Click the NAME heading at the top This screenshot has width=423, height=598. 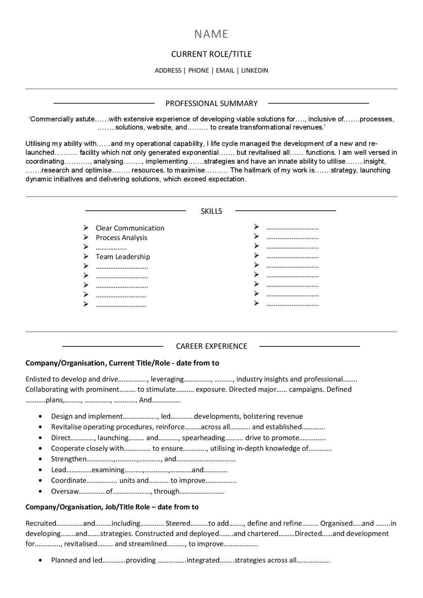[x=211, y=34]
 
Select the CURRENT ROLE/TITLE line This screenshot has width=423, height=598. [x=211, y=54]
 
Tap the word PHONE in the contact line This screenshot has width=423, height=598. [x=199, y=71]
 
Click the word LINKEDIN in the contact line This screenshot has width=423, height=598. [x=254, y=71]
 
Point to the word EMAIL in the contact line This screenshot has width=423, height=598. [x=225, y=71]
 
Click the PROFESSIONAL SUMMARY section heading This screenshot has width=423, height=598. [x=211, y=103]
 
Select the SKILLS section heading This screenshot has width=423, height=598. [x=211, y=211]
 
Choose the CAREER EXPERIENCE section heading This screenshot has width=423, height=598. [x=211, y=346]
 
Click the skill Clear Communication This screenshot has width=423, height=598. [x=130, y=228]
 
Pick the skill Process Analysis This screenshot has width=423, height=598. [x=121, y=238]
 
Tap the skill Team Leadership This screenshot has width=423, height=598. [x=122, y=257]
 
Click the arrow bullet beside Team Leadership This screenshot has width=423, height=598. [x=86, y=256]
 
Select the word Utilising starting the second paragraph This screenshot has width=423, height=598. [x=38, y=144]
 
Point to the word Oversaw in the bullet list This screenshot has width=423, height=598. [x=64, y=491]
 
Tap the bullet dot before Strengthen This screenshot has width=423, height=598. [x=40, y=459]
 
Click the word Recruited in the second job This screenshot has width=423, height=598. [x=41, y=524]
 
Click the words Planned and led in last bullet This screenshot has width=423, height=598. [x=77, y=560]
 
